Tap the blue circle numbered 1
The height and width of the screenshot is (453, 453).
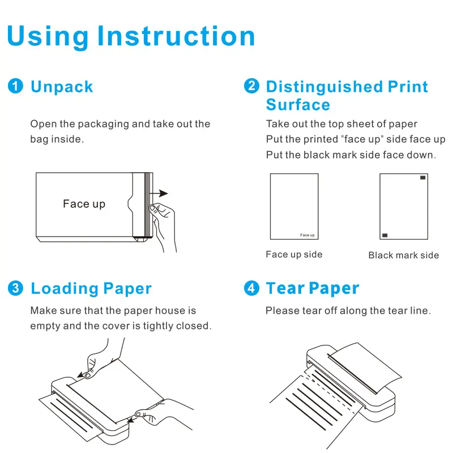click(15, 86)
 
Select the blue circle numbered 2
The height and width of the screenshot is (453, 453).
click(251, 86)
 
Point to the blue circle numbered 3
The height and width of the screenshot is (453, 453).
click(15, 288)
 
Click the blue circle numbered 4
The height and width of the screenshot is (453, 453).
click(251, 288)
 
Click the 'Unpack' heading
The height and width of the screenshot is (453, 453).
click(62, 87)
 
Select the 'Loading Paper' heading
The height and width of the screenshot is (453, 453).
click(91, 288)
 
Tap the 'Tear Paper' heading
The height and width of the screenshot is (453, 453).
click(313, 288)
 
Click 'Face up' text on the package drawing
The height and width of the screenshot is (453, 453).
click(84, 204)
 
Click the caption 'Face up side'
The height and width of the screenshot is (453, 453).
click(294, 255)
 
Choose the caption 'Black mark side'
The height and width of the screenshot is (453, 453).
click(404, 255)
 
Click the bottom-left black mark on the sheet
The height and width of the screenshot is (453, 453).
click(385, 235)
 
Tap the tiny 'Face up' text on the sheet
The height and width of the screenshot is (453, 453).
click(307, 235)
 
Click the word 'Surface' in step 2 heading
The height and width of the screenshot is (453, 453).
click(298, 105)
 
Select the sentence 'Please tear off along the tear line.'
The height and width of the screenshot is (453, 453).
click(348, 310)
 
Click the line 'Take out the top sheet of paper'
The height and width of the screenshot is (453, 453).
click(341, 124)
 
